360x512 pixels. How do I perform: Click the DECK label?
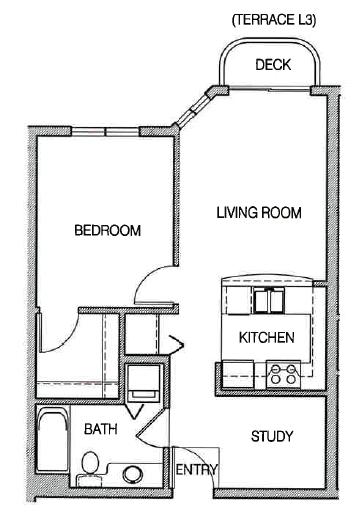pyautogui.click(x=272, y=66)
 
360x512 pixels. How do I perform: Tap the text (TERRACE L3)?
pyautogui.click(x=272, y=19)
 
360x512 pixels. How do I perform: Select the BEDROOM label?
pyautogui.click(x=107, y=231)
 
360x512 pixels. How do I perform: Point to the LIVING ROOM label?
pyautogui.click(x=259, y=213)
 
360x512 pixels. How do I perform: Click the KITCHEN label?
pyautogui.click(x=266, y=338)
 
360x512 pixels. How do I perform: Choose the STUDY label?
pyautogui.click(x=271, y=436)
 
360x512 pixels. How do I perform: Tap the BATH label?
pyautogui.click(x=99, y=430)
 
